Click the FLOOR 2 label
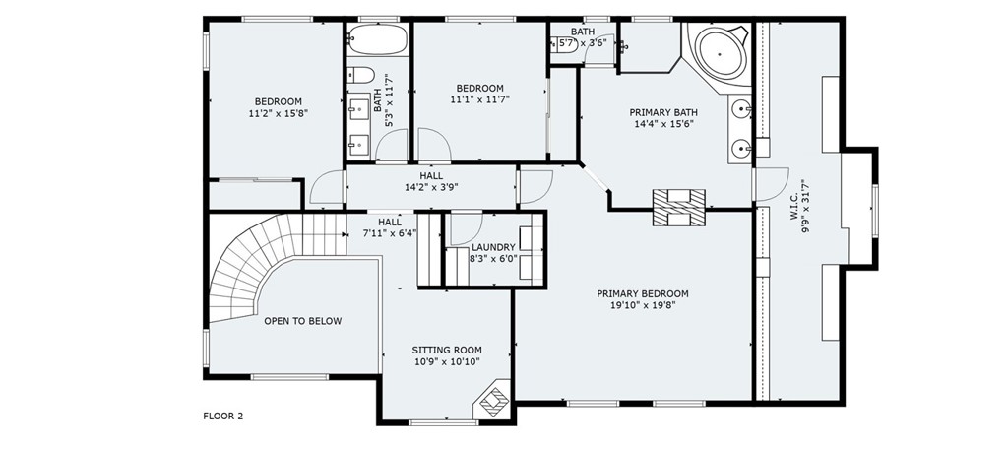223,416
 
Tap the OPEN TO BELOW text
303,321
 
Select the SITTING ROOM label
447,350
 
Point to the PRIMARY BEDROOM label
642,294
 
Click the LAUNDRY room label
494,247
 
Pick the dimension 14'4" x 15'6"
663,123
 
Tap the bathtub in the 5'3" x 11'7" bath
378,39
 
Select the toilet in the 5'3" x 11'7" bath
360,75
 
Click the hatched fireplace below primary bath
679,208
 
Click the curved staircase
270,264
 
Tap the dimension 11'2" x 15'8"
279,113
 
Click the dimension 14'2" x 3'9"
431,187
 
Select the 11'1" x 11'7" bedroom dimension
480,99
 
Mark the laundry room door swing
466,228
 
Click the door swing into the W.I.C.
772,183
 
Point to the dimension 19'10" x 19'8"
643,305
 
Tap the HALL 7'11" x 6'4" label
390,227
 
